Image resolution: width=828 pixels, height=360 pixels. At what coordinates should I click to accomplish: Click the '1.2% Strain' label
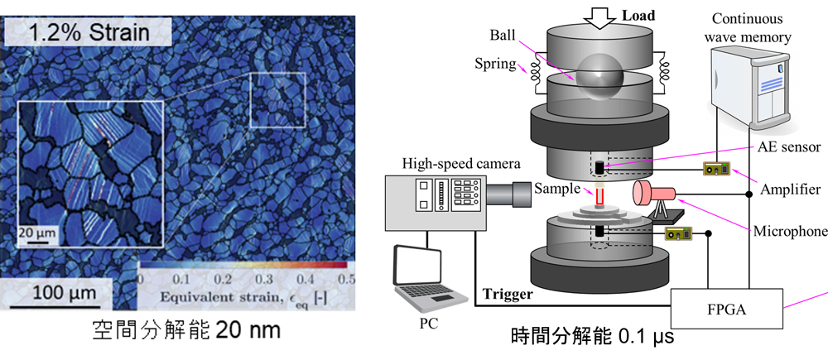[x=89, y=32]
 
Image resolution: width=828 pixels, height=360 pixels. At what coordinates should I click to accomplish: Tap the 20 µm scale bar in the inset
[x=35, y=242]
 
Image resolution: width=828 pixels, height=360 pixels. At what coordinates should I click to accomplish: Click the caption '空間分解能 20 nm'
[x=185, y=330]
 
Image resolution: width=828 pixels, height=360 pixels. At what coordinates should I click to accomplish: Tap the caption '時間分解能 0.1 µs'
[x=592, y=336]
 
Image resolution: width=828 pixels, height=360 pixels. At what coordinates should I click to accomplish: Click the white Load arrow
[x=599, y=17]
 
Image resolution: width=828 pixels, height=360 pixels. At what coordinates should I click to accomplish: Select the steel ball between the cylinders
[x=599, y=77]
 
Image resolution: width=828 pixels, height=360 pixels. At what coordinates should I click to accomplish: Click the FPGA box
[x=726, y=309]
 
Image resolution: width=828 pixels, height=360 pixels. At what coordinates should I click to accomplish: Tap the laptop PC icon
[x=430, y=279]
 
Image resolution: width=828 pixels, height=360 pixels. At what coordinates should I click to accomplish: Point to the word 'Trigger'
[x=508, y=294]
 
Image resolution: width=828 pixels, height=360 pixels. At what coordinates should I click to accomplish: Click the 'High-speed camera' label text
[x=461, y=163]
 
